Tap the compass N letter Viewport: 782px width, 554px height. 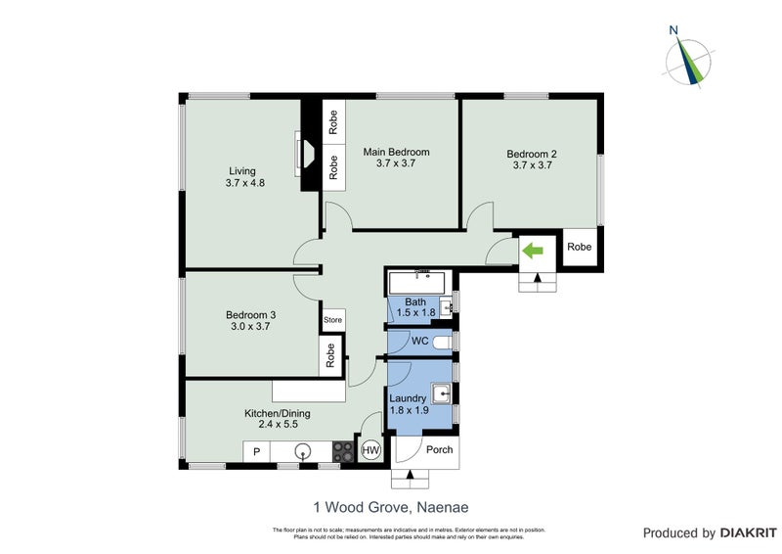click(673, 30)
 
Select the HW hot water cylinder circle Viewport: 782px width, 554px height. click(371, 450)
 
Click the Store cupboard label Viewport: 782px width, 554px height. click(333, 319)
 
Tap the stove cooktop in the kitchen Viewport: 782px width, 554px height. click(344, 451)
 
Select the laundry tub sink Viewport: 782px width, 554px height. click(442, 394)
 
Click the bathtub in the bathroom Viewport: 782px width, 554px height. click(417, 284)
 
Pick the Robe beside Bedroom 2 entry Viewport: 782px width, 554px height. click(580, 248)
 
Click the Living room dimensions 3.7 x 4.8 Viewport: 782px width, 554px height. click(245, 183)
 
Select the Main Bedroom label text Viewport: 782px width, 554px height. click(396, 152)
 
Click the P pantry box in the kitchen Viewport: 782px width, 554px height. click(257, 451)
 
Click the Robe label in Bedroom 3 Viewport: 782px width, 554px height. click(331, 353)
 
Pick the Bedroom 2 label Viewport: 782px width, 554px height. click(531, 154)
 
